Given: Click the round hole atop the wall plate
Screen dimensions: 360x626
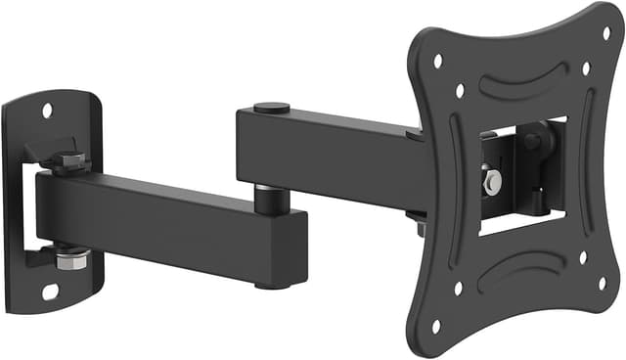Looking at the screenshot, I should [x=46, y=110].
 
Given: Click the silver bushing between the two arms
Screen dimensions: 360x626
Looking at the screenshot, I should [x=271, y=195].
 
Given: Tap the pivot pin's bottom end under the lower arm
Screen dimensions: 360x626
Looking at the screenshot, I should [x=271, y=285].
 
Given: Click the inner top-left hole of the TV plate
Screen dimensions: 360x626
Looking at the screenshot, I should [x=460, y=91].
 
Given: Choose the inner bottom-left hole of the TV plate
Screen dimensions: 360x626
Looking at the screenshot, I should [x=458, y=289].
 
